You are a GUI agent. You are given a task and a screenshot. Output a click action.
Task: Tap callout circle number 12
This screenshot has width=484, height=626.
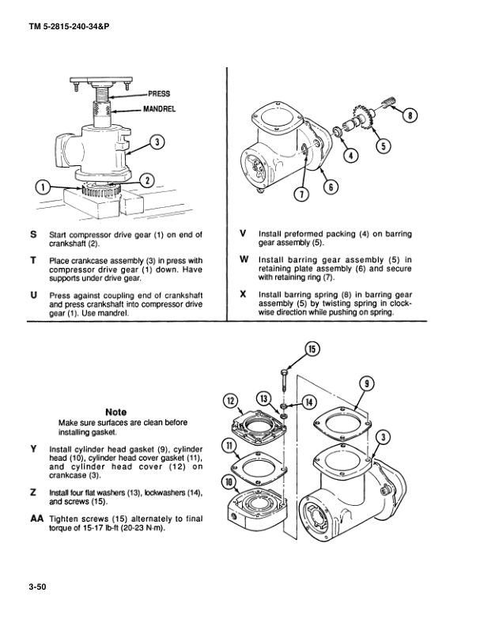232,402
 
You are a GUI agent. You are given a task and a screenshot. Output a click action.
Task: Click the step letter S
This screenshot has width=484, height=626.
33,235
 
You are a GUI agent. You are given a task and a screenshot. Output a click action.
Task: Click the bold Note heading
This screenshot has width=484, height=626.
116,411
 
